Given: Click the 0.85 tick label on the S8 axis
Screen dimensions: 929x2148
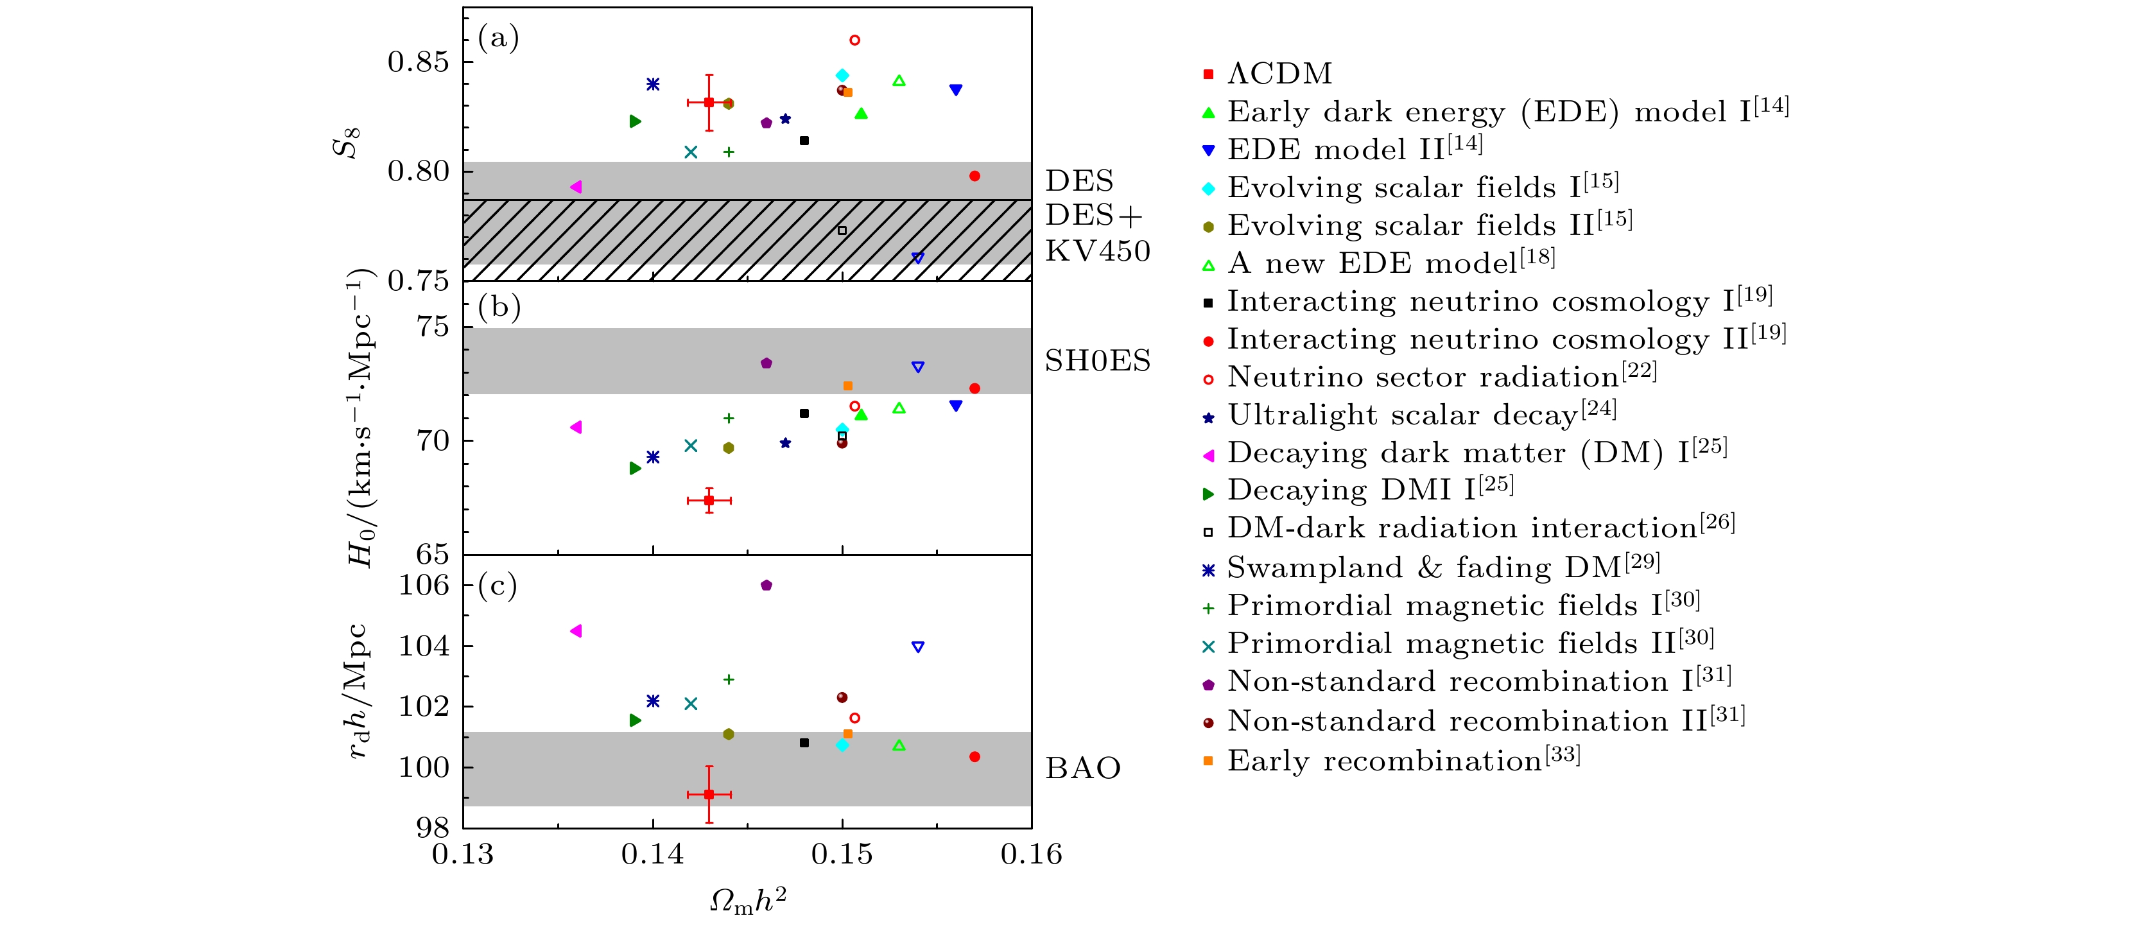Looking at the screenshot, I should (418, 62).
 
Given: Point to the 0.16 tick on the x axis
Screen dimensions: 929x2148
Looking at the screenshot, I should (1032, 854).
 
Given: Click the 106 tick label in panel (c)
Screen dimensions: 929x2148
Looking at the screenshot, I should (424, 586).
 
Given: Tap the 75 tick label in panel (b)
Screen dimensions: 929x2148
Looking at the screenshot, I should (433, 327).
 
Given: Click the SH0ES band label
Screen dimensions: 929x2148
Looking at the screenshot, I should (1097, 361).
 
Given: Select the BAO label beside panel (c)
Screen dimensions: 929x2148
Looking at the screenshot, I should (1082, 768).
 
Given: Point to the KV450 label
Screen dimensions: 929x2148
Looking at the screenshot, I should (1097, 251).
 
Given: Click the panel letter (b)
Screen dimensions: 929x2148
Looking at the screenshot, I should (499, 307).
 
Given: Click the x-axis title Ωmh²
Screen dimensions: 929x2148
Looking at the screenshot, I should (747, 901).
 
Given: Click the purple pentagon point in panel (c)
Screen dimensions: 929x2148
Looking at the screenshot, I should (767, 586).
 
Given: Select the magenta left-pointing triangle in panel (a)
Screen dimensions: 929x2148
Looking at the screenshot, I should (575, 187).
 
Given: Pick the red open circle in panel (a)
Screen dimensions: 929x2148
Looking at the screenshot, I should (854, 40).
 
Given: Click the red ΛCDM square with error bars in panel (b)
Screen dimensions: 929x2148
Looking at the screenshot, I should (709, 500).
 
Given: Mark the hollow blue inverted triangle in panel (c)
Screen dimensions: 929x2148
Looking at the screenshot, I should (917, 647).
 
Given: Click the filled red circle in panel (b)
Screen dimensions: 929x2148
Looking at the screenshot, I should (974, 388).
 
